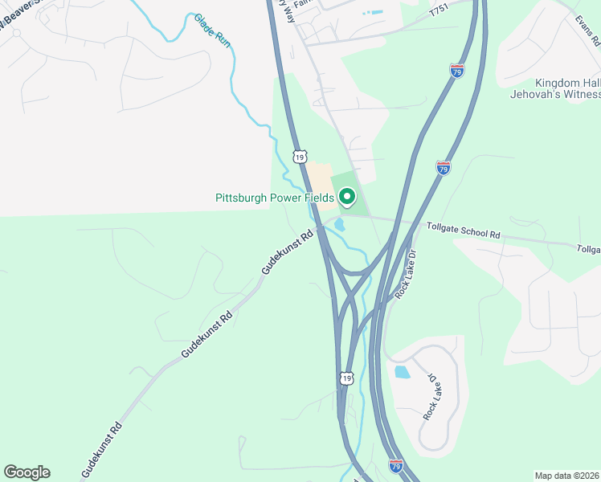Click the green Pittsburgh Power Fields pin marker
pos(348,196)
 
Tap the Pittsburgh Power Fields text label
pos(275,198)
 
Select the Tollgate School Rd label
pos(463,231)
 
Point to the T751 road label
pos(438,12)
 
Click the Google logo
pos(27,472)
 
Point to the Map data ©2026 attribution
pos(566,476)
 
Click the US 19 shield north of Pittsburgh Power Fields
pos(300,157)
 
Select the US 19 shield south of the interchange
pos(346,378)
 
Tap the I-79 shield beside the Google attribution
pos(395,465)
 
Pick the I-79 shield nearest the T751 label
pos(456,71)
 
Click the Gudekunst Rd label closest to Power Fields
pos(287,254)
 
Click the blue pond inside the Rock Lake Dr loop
pos(401,372)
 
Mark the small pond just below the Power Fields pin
pos(340,224)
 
